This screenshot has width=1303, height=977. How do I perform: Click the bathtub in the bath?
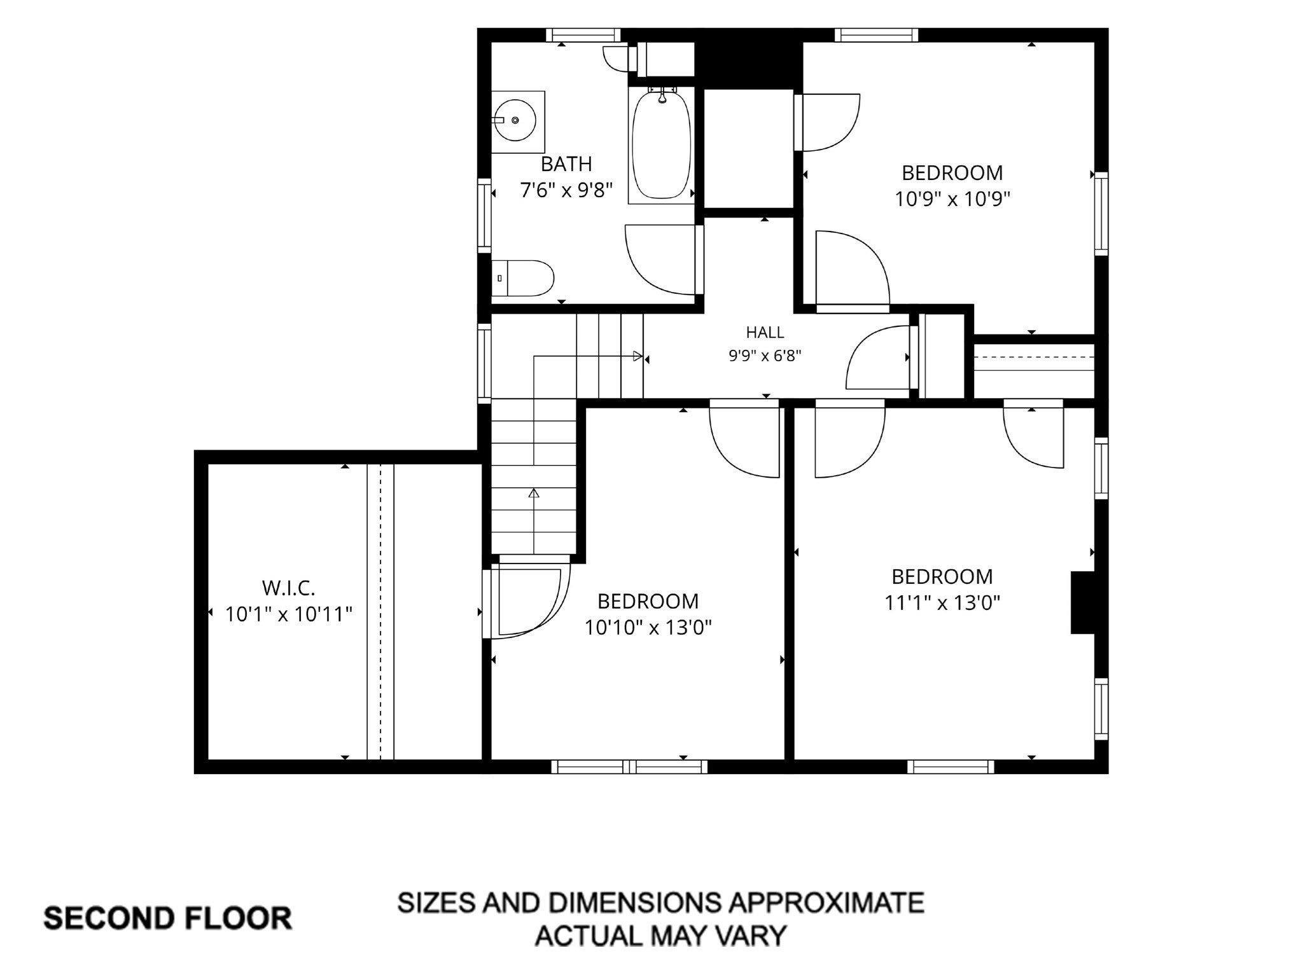coord(662,146)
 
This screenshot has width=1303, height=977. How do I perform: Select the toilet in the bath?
coord(522,278)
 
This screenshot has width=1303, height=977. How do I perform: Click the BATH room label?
coord(566,164)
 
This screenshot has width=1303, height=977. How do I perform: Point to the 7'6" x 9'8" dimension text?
coord(566,190)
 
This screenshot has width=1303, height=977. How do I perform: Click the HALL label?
coord(765,332)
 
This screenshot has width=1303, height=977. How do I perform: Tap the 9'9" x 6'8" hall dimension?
coord(765,356)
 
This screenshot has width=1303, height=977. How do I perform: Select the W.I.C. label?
coord(289,588)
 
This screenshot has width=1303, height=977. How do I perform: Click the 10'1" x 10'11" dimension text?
coord(289,614)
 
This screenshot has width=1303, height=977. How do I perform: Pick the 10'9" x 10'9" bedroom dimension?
coord(952,199)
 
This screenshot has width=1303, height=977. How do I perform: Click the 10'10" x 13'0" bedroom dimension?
coord(648,628)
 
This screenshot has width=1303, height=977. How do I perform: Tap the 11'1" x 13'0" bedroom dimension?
coord(942,602)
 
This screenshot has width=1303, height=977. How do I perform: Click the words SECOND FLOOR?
coord(168,918)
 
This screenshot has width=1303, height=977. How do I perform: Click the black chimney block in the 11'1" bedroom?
coord(1082,602)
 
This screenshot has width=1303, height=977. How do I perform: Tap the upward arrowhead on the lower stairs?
coord(534,493)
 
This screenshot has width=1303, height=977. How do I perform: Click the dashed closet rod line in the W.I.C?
coord(380,612)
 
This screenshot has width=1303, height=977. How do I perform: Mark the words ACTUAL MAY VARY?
coord(660,936)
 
